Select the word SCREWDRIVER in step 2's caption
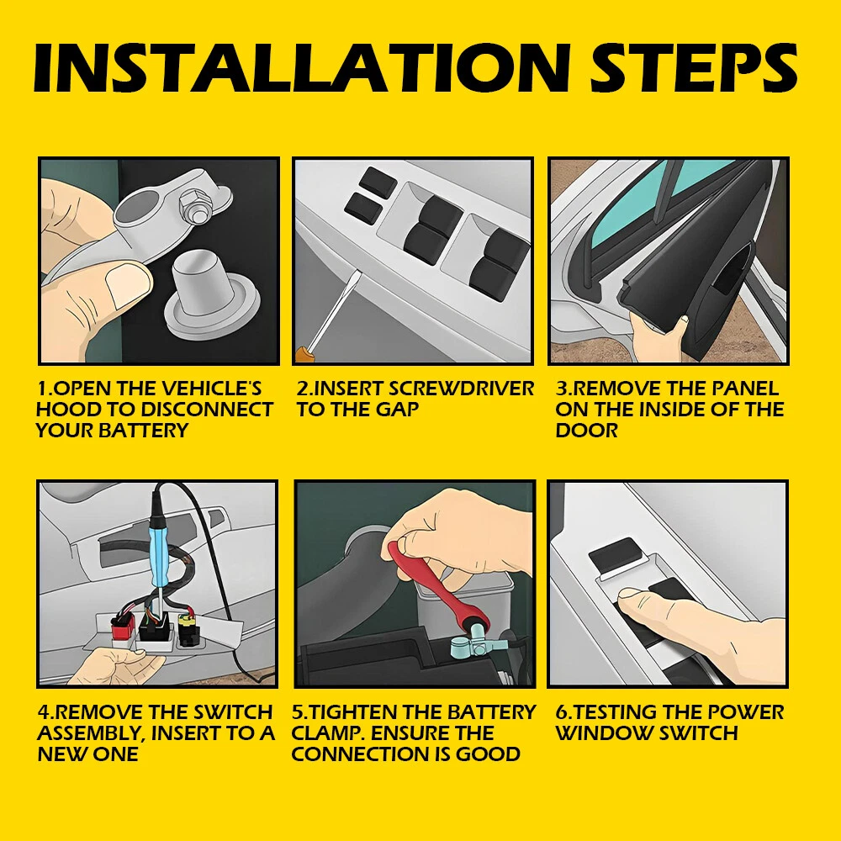[461, 389]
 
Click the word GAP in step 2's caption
[397, 410]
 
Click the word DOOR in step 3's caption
[587, 430]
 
